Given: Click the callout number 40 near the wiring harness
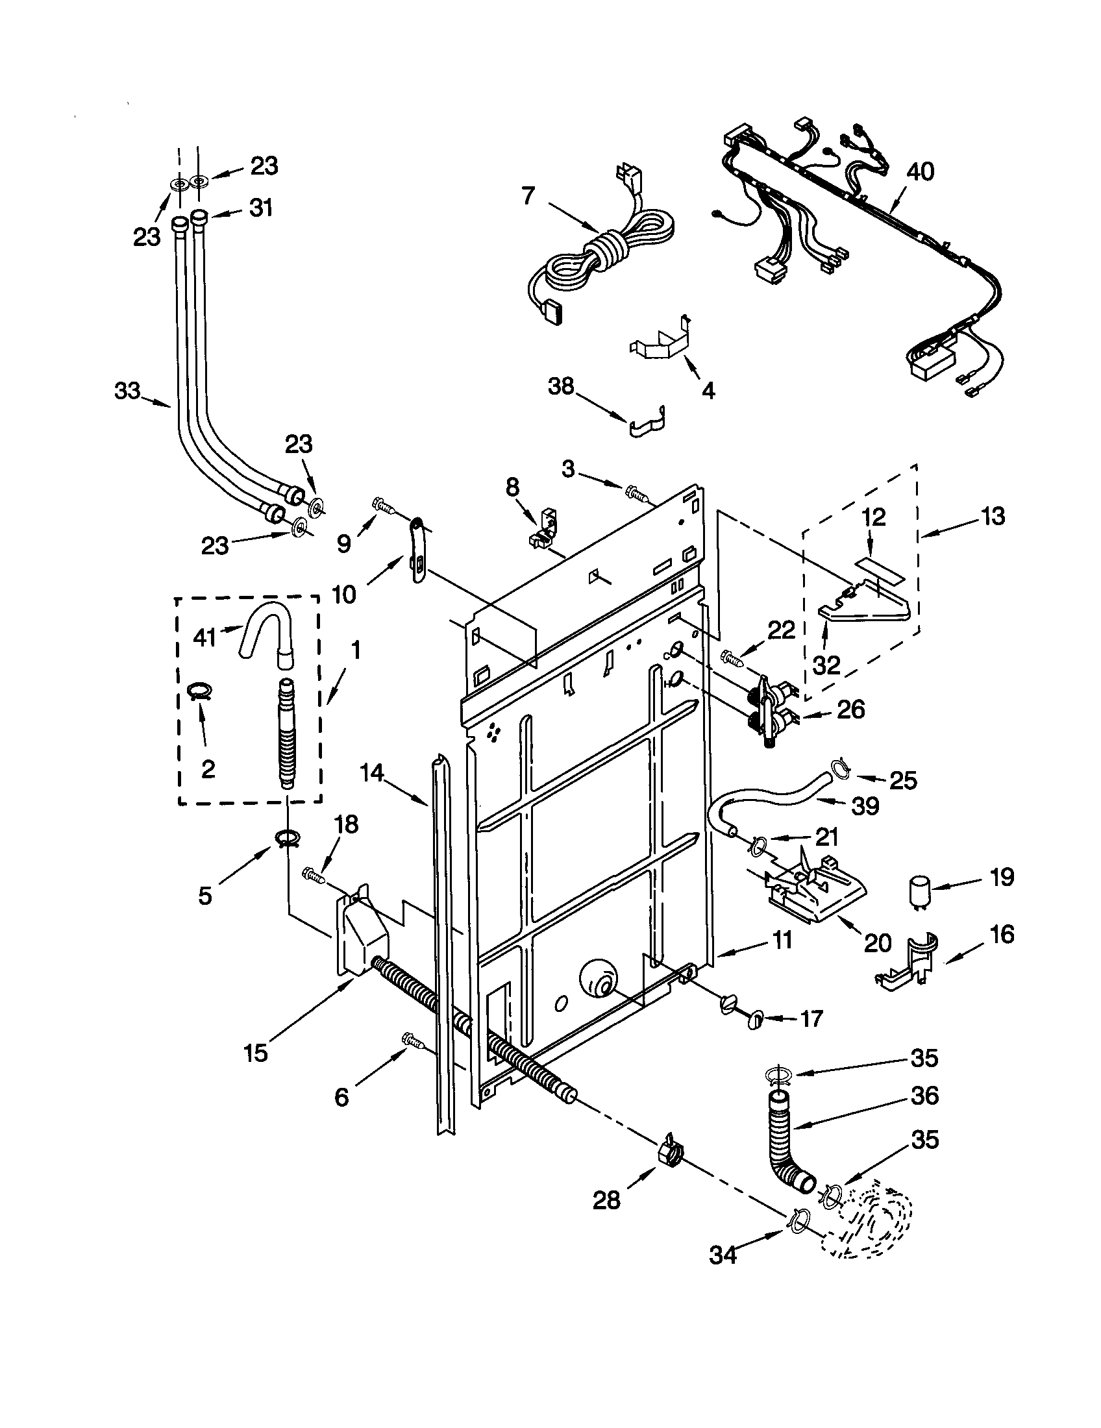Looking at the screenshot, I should pos(920,172).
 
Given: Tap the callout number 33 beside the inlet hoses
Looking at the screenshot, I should pos(127,391).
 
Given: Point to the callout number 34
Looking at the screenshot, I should pos(723,1255).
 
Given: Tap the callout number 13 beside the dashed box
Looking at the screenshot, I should pos(992,517).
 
